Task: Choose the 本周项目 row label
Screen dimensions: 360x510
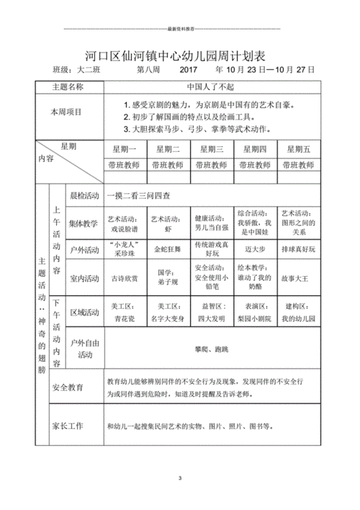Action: pyautogui.click(x=66, y=112)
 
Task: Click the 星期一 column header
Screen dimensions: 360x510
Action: pyautogui.click(x=125, y=148)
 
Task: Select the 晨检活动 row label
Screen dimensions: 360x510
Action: pyautogui.click(x=84, y=195)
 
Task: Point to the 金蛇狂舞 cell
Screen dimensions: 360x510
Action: pyautogui.click(x=169, y=249)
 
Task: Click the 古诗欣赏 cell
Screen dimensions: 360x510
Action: pyautogui.click(x=125, y=277)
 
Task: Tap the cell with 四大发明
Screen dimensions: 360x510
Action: pyautogui.click(x=212, y=317)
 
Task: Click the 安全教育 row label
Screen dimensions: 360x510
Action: pyautogui.click(x=68, y=388)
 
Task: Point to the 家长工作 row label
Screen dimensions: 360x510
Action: pyautogui.click(x=68, y=426)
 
